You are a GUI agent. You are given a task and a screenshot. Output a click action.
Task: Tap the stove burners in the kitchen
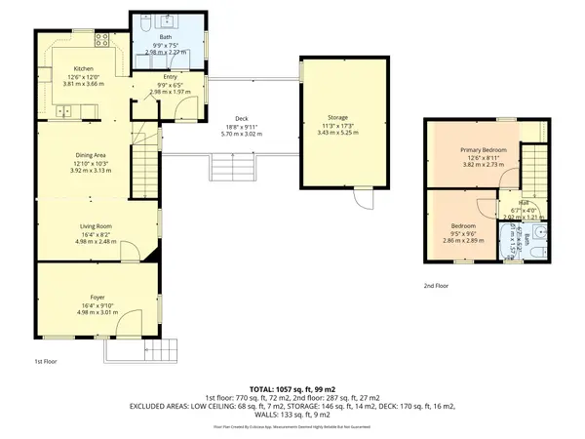coord(101,40)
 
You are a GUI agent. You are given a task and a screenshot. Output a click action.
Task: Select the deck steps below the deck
coord(231,167)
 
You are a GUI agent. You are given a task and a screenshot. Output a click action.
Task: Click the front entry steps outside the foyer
coord(161,348)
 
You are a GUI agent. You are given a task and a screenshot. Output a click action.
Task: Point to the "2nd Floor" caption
coord(436,286)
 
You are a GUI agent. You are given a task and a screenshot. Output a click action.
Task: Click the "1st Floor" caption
coord(45,361)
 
